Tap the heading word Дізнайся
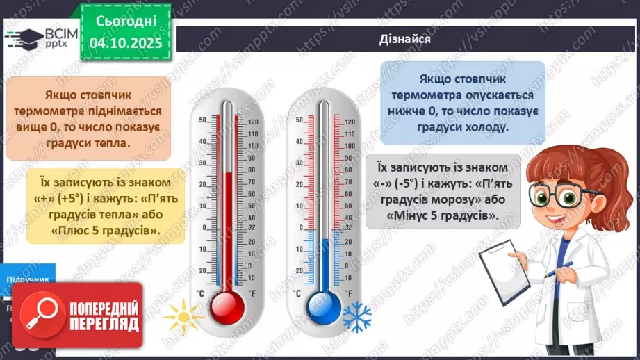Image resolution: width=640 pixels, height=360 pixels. [x=406, y=39]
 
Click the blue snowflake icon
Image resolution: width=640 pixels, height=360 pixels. [x=356, y=316]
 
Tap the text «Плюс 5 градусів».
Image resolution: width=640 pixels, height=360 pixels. [x=106, y=231]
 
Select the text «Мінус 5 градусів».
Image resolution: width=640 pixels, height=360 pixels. [x=443, y=215]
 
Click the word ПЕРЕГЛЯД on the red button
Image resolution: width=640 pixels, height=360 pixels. [x=105, y=324]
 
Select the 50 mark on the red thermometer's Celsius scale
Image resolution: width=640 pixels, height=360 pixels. [x=203, y=120]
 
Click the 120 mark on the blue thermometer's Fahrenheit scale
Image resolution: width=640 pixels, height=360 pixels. [x=350, y=122]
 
